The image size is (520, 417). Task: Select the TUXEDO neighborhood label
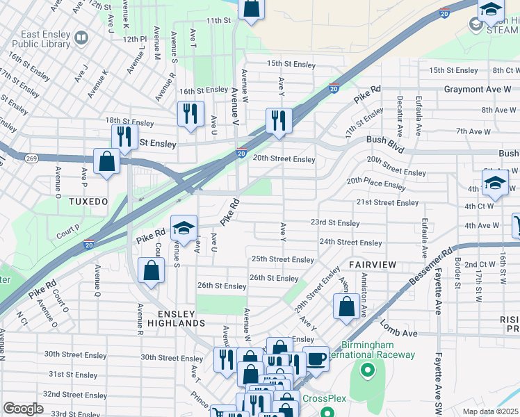[88, 201]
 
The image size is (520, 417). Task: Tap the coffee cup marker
[316, 358]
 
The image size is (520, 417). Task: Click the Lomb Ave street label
[400, 333]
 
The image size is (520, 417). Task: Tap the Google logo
[23, 408]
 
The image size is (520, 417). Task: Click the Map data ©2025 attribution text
[489, 410]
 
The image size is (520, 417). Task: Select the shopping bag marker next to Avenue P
[107, 162]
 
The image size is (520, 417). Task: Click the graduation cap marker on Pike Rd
[184, 227]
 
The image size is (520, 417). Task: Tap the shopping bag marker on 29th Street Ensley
[346, 306]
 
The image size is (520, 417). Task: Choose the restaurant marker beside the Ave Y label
[278, 120]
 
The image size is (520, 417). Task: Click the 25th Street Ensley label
[282, 259]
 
